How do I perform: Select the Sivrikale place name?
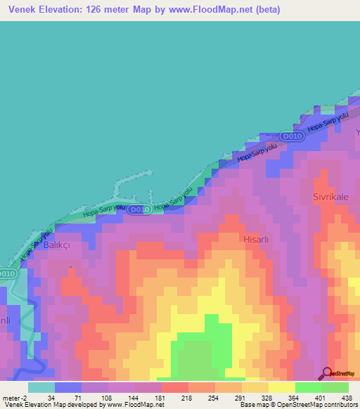[331, 197]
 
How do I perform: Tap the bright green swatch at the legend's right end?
[335, 387]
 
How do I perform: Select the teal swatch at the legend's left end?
[41, 387]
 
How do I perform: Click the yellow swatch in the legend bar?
[281, 387]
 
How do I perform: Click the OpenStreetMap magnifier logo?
[326, 373]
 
